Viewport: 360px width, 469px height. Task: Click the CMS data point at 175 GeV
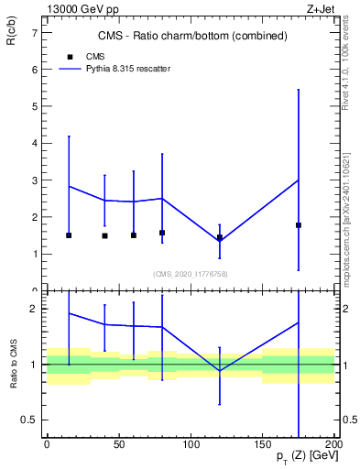point(299,224)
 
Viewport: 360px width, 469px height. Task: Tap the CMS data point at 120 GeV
point(220,237)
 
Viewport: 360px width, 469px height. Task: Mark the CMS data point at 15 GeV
point(69,235)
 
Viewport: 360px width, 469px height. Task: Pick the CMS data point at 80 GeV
point(162,233)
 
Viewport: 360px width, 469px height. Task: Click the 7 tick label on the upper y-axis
point(34,32)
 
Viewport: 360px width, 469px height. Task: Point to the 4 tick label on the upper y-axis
point(34,143)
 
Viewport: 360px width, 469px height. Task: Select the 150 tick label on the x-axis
point(263,443)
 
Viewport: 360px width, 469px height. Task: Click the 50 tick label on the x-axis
point(118,443)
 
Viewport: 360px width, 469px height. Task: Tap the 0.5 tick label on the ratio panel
point(29,420)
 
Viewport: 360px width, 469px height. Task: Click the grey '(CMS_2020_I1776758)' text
point(191,274)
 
